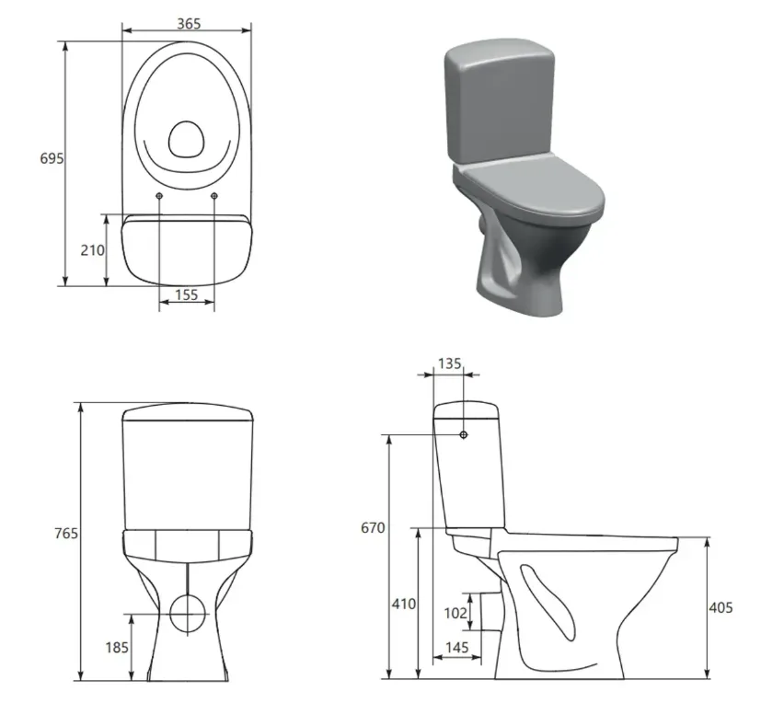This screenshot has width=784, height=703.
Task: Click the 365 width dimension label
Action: coord(189,24)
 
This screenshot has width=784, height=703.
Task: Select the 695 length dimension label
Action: coord(52,158)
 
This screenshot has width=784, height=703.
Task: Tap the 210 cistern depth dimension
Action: coord(93,250)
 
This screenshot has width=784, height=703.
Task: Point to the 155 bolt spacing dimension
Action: coord(187,295)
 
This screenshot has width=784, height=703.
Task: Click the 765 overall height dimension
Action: coord(66,534)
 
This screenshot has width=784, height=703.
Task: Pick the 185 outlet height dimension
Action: coord(117,648)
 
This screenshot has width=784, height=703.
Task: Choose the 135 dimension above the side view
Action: coord(449,363)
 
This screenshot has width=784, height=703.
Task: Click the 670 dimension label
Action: coord(373,527)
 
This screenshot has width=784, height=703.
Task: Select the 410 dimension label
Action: coord(403,604)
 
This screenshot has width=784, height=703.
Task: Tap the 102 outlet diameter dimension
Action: coord(455,613)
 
